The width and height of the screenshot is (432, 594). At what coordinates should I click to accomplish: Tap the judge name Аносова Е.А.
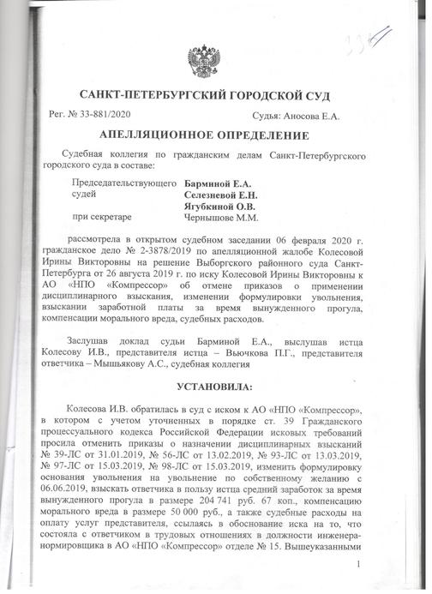click(321, 115)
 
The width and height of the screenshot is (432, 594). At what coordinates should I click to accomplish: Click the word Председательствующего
click(126, 183)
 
